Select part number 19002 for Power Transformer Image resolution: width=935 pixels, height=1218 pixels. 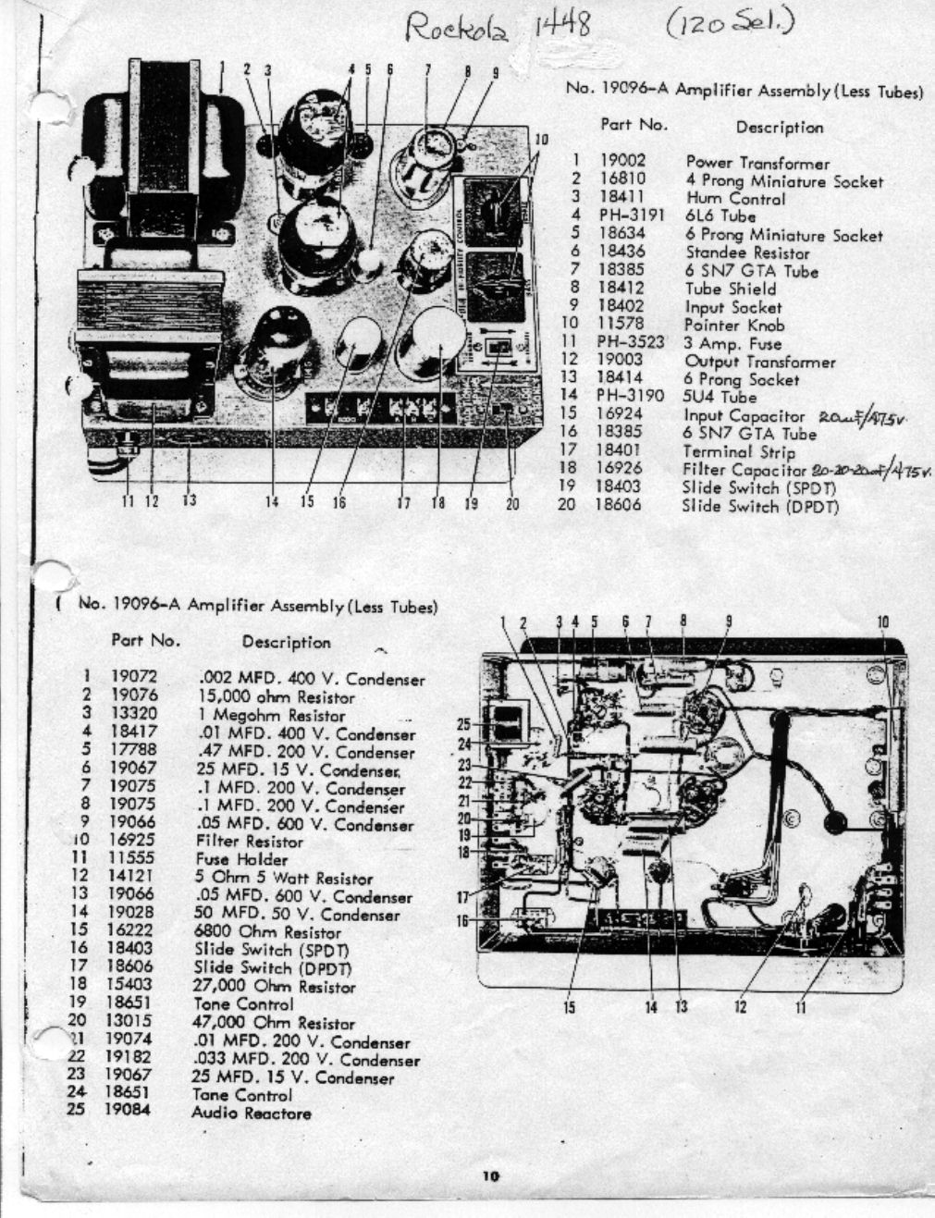(622, 162)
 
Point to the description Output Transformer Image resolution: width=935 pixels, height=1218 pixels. (759, 362)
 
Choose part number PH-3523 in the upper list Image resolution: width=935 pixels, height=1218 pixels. (632, 343)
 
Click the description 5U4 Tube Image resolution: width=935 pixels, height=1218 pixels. (720, 398)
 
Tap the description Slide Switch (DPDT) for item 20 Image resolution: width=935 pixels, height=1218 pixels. (760, 506)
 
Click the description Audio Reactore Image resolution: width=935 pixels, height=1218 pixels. (251, 1113)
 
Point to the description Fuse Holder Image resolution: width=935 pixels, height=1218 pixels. (241, 859)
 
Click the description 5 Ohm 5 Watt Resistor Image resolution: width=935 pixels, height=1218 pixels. (284, 878)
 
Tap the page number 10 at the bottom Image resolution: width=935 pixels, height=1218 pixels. (490, 1176)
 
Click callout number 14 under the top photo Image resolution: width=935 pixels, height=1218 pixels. (272, 502)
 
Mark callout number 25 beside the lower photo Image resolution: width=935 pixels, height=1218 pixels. (465, 725)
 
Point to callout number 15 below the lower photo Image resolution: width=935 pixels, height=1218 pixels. (570, 1007)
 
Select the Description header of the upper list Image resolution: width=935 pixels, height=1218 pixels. (779, 128)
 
